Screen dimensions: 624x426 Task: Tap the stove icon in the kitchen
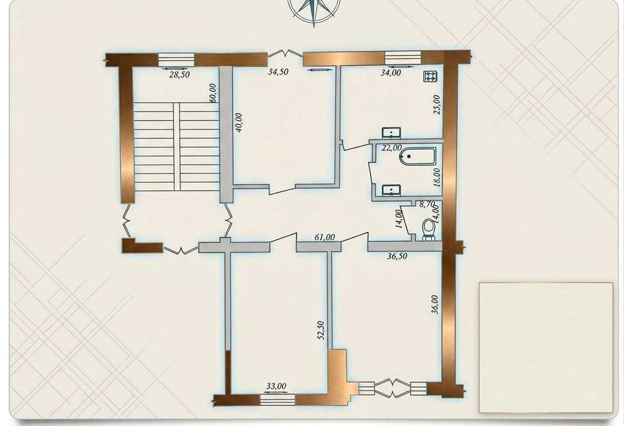point(430,76)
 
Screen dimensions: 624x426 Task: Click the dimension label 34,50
point(278,72)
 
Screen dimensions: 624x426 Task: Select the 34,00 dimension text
point(391,73)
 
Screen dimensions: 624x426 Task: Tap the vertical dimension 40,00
point(239,125)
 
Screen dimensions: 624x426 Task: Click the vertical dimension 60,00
point(213,93)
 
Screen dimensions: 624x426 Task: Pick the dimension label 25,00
point(437,105)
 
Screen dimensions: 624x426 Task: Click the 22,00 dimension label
point(392,148)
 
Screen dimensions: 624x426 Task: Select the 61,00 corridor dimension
point(324,237)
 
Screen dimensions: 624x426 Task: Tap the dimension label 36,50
point(397,256)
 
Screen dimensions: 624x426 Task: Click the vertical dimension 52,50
point(321,331)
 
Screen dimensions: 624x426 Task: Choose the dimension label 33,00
point(276,386)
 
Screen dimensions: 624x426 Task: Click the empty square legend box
point(546,348)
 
